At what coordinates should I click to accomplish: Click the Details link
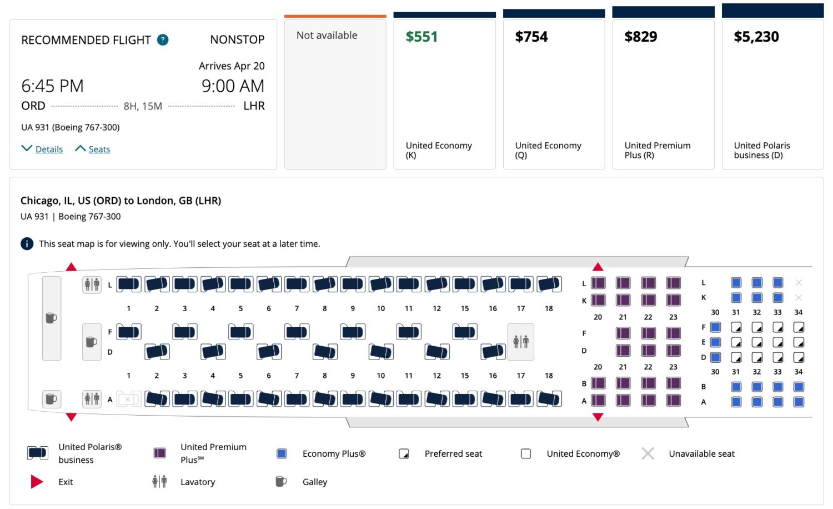pos(49,149)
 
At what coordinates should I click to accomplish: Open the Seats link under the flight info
pos(99,149)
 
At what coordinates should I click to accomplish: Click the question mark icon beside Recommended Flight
pos(163,40)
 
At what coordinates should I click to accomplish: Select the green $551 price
pos(421,37)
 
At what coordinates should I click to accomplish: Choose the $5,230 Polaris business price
pos(756,37)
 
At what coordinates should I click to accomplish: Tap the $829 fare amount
pos(640,37)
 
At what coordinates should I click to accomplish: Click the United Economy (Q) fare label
pos(548,150)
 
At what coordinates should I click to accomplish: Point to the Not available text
pos(327,35)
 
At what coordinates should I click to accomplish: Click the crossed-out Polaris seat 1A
pos(128,399)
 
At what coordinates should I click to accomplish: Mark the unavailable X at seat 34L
pos(799,283)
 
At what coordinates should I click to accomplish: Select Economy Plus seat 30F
pos(715,327)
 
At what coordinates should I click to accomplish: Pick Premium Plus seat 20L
pos(598,283)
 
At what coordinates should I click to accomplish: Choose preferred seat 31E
pos(736,342)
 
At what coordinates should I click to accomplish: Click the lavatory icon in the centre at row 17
pos(520,341)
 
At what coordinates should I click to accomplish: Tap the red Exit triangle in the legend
pos(37,482)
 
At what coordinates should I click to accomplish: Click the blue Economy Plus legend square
pos(282,454)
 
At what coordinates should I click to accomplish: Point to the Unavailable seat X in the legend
pos(648,454)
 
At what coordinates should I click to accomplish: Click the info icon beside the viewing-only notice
pos(27,244)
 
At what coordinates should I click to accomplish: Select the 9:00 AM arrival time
pos(233,86)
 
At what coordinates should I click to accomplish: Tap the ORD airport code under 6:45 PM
pos(33,106)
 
